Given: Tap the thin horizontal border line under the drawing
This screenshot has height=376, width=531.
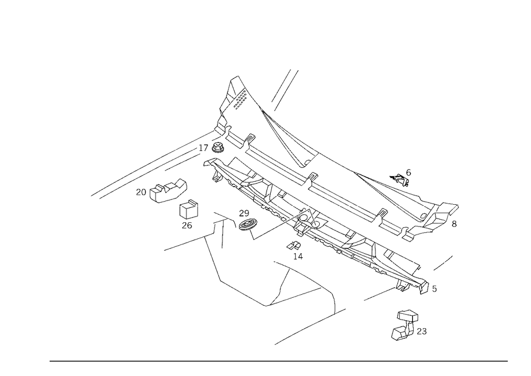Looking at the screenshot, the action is pos(279,361).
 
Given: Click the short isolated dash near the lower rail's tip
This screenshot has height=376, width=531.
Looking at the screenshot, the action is pos(444,263).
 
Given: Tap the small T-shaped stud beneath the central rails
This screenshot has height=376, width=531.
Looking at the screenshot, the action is pos(296,252).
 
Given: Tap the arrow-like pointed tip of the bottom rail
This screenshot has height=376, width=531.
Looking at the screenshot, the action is pos(434,290).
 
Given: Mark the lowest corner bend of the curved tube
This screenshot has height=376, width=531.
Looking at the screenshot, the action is pos(265,306).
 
